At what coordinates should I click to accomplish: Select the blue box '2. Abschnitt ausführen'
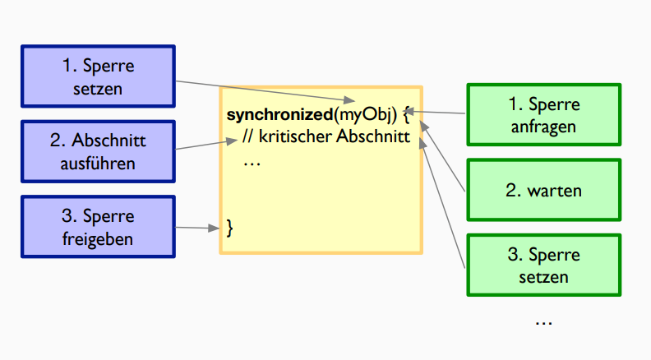point(98,152)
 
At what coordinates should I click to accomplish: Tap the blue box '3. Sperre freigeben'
point(98,227)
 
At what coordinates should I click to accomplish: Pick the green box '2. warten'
point(543,191)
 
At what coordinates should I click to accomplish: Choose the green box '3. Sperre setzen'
point(543,265)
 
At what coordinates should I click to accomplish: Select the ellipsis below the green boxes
point(543,321)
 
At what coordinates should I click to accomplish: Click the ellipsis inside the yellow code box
point(252,161)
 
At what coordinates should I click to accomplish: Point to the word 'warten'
point(555,191)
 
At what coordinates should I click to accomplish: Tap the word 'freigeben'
point(98,238)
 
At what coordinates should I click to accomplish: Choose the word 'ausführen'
point(98,164)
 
